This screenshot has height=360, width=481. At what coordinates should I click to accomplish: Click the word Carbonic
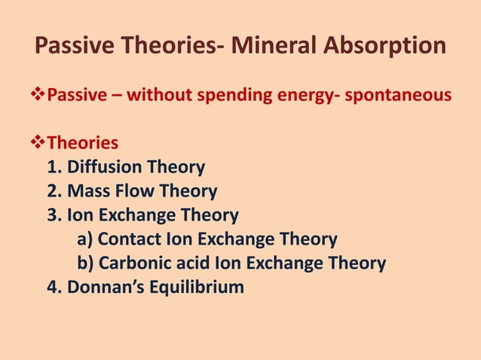133,264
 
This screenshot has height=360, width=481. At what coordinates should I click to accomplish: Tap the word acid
192,264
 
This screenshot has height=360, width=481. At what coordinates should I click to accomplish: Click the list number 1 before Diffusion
54,167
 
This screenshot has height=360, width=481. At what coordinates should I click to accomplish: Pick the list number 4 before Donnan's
54,288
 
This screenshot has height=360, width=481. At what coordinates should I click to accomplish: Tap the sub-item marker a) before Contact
85,239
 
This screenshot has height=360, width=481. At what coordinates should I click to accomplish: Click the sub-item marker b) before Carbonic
85,264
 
